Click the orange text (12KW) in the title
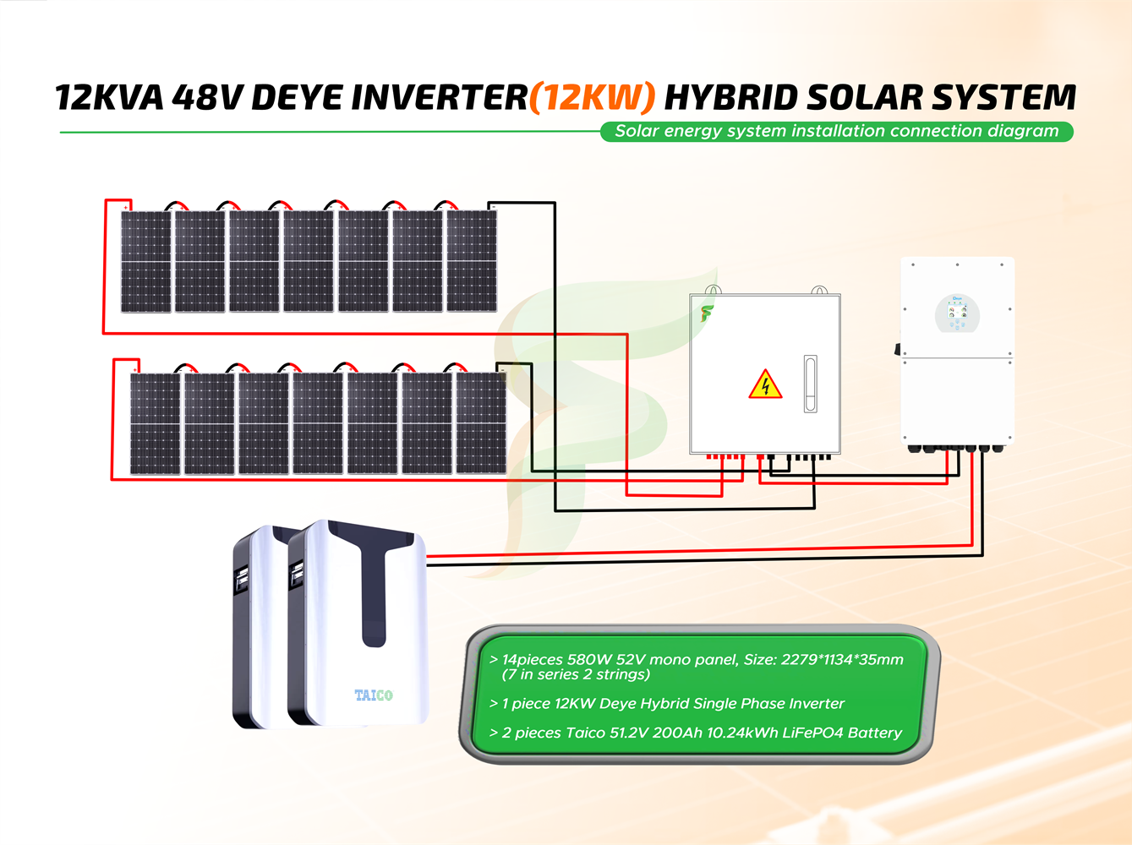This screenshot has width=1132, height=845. click(x=592, y=98)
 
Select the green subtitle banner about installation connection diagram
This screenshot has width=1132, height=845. click(x=836, y=131)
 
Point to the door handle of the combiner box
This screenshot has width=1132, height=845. click(x=810, y=384)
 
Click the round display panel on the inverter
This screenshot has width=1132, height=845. click(x=957, y=314)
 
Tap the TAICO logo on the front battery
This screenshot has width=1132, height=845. click(x=374, y=695)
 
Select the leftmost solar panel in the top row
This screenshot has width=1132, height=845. click(x=146, y=261)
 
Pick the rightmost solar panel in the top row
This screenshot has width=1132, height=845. click(x=472, y=261)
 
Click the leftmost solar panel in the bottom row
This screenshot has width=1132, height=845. click(x=156, y=422)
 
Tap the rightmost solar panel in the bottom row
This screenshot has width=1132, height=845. click(x=481, y=422)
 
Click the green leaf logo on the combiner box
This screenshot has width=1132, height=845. click(x=706, y=313)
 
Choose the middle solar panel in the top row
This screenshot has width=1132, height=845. click(x=309, y=261)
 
